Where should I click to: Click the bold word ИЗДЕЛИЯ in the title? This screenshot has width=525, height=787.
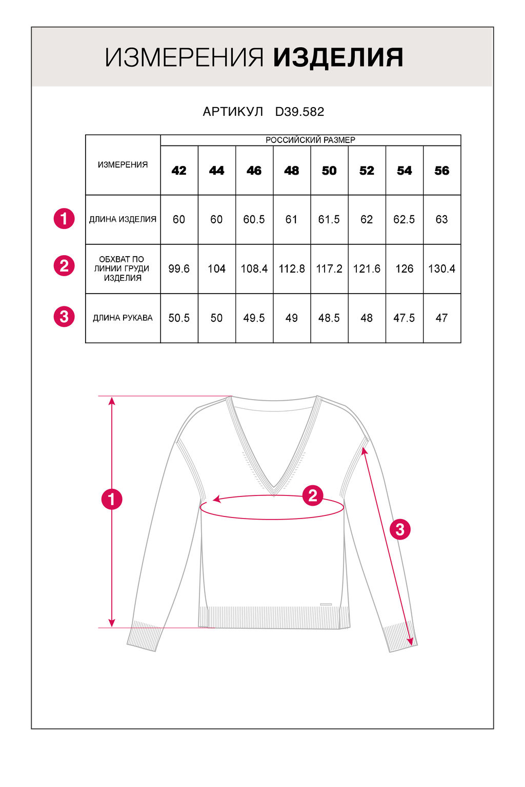click(x=338, y=57)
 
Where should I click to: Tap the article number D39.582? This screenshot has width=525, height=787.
click(x=299, y=112)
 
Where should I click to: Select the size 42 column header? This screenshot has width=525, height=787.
click(x=179, y=171)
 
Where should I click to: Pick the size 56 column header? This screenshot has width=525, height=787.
click(x=441, y=171)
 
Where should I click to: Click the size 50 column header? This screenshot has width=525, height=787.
click(x=329, y=171)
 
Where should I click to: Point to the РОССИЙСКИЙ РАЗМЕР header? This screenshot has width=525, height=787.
click(x=310, y=140)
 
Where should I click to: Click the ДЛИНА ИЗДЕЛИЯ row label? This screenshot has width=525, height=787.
click(x=123, y=219)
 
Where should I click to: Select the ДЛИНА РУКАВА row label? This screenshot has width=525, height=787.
click(x=123, y=318)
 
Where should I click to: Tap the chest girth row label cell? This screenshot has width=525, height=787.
click(x=123, y=268)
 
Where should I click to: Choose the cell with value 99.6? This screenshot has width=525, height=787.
click(x=179, y=268)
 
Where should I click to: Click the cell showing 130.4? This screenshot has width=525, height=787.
click(x=441, y=268)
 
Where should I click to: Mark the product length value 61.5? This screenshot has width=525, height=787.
click(x=329, y=219)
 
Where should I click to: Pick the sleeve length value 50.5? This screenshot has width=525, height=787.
click(x=179, y=318)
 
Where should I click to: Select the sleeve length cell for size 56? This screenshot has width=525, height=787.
click(x=441, y=318)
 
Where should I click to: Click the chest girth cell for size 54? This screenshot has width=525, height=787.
click(x=404, y=268)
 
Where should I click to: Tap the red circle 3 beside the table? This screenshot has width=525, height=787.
click(x=64, y=317)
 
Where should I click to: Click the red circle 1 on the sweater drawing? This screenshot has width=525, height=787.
click(x=112, y=499)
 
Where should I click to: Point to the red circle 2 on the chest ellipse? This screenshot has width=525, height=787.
click(x=313, y=495)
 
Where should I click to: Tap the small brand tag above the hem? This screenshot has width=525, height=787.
click(x=326, y=605)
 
